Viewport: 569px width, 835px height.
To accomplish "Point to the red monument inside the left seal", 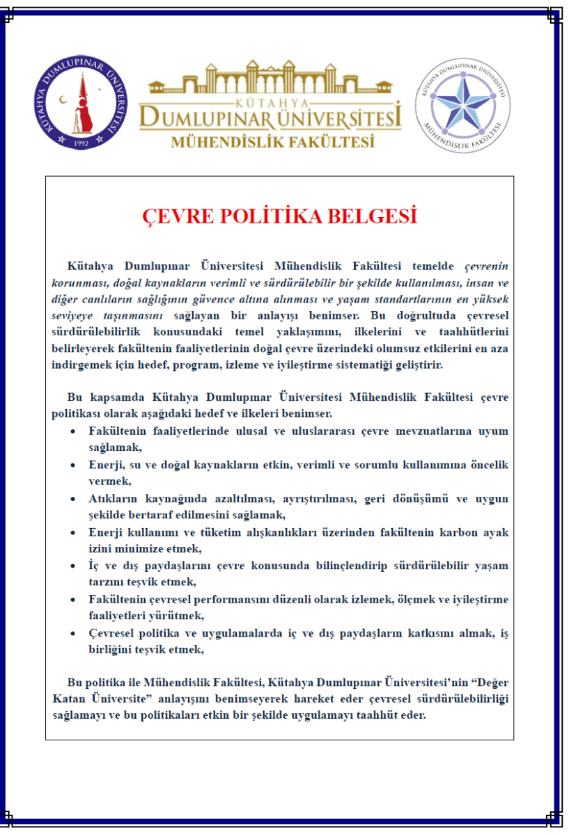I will point(84,104).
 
